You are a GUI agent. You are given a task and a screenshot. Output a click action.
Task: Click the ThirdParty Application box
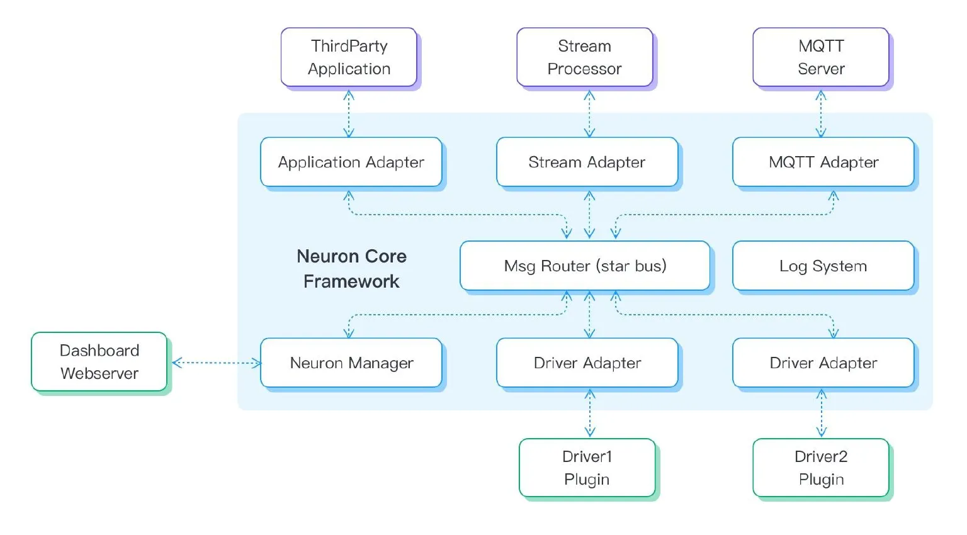[x=349, y=57]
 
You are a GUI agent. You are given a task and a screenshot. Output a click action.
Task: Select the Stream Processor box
[x=584, y=57]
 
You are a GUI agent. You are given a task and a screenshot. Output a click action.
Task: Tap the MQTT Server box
[x=820, y=57]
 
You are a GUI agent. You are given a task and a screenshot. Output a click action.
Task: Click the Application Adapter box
[x=351, y=162]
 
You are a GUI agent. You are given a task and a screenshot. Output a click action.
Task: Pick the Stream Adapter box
[x=587, y=162]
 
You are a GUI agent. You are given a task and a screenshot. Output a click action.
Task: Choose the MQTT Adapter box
[x=823, y=162]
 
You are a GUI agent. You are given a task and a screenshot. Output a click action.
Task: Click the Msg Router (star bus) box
[x=585, y=266]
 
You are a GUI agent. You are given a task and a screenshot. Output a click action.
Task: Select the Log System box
[x=823, y=266]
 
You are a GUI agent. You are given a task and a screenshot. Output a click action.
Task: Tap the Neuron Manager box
[x=351, y=363]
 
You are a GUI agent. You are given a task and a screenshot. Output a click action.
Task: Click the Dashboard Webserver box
[x=99, y=362]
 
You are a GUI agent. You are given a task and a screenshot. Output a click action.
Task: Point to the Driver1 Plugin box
[x=587, y=468]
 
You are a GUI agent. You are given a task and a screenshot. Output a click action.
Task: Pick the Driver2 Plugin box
[x=820, y=468]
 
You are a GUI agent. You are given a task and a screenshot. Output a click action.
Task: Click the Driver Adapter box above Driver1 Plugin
[x=587, y=363]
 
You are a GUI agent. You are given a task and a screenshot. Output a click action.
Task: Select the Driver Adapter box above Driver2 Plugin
[x=823, y=363]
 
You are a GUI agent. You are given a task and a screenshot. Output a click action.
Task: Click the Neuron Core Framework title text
[x=351, y=269]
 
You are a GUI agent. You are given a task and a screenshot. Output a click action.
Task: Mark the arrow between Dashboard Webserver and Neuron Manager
[x=216, y=363]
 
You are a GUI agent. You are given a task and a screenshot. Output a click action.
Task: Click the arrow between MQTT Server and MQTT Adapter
[x=821, y=113]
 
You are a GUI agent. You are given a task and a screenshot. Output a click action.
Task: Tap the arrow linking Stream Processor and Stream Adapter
[x=589, y=113]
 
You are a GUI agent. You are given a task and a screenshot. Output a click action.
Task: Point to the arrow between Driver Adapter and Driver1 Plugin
[x=590, y=413]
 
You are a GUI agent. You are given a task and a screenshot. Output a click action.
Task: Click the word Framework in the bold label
[x=351, y=281]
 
